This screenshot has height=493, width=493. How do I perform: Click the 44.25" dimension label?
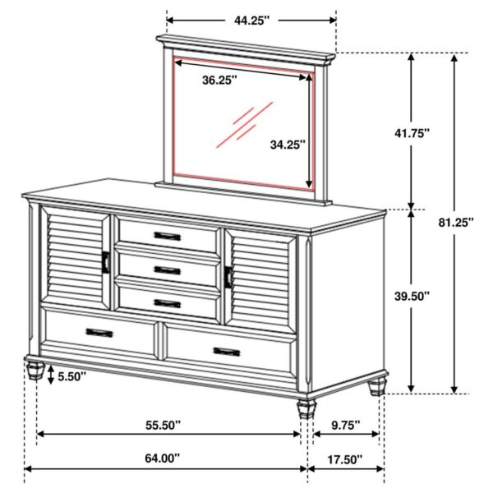click(x=251, y=21)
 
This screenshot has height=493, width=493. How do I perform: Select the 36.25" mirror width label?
click(x=219, y=80)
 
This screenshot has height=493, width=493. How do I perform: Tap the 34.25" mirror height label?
click(x=288, y=145)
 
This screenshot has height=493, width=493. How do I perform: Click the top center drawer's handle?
click(x=167, y=236)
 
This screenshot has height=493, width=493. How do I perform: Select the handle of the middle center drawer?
click(x=167, y=270)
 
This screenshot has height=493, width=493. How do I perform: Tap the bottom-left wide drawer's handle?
click(x=99, y=333)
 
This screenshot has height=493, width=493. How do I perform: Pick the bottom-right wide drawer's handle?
click(x=227, y=352)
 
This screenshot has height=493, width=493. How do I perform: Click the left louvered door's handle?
click(x=106, y=261)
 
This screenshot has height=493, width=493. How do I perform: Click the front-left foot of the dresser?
click(x=35, y=369)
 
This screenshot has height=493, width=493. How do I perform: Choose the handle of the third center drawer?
click(x=167, y=303)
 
